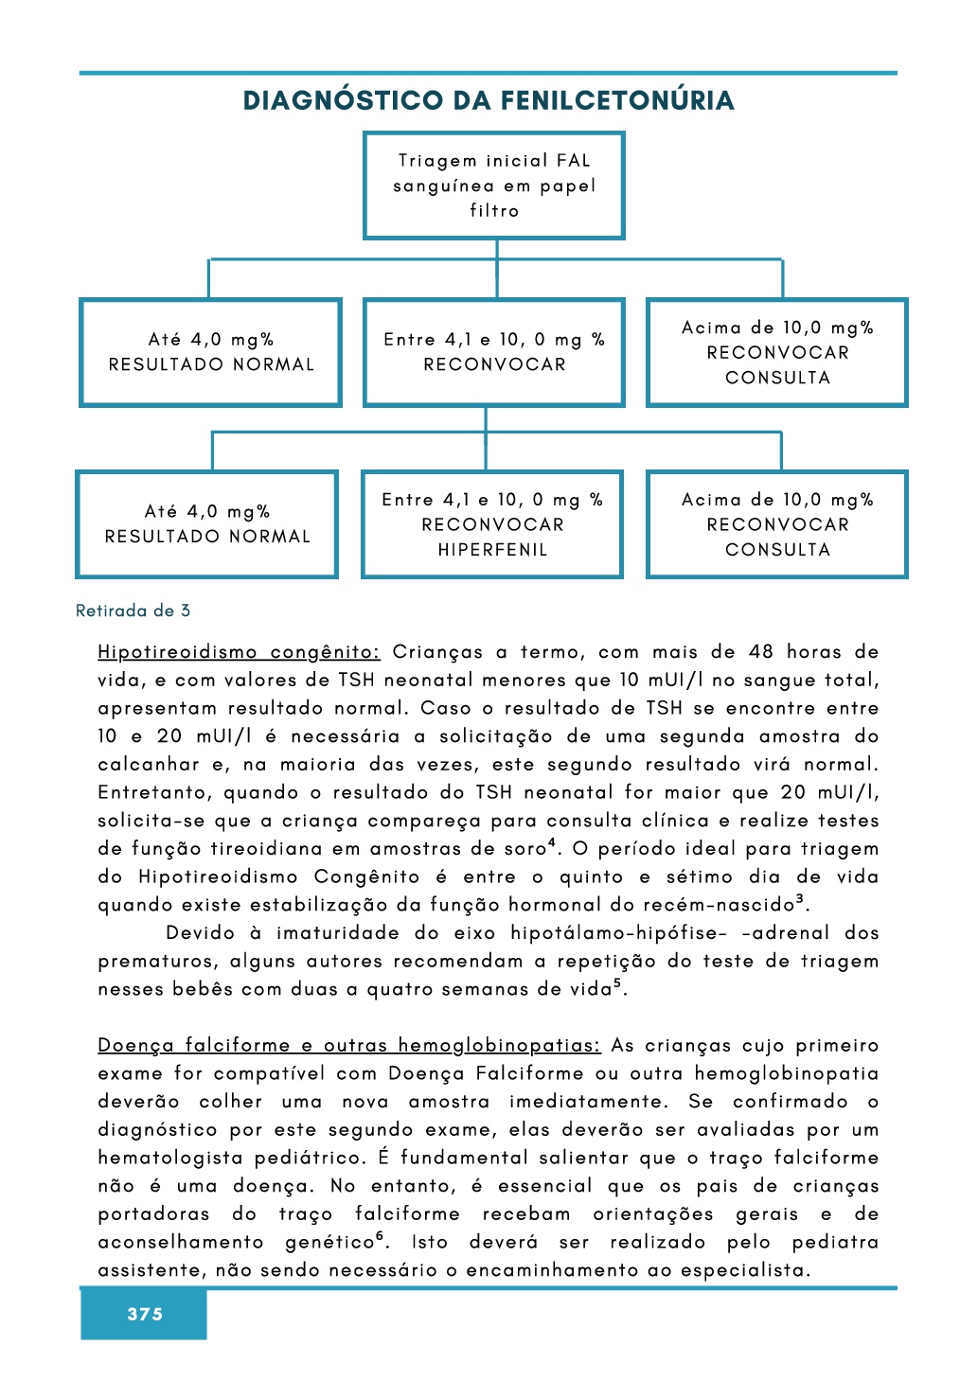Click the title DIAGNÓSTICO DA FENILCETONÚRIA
(489, 100)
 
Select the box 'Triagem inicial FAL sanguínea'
(494, 186)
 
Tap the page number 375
(145, 1314)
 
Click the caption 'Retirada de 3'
(133, 611)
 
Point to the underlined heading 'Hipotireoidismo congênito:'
(239, 652)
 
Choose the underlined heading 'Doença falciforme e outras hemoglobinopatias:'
(349, 1045)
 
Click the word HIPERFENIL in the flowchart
(492, 549)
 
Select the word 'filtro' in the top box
(494, 210)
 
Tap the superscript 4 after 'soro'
(551, 841)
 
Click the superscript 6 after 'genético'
(380, 1235)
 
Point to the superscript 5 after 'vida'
(617, 982)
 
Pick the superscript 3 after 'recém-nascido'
(800, 898)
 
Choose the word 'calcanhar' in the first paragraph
(149, 765)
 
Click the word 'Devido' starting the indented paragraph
(201, 933)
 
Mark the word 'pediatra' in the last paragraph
(835, 1242)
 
